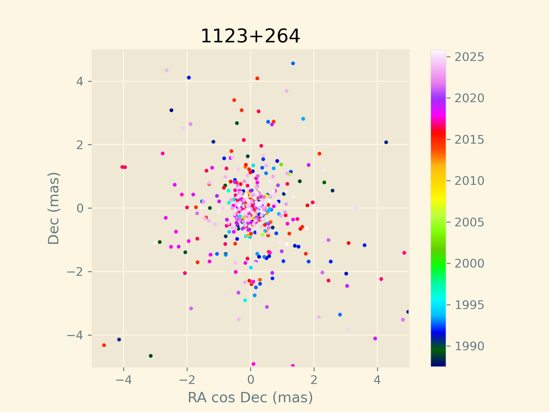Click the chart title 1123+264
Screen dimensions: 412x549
[250, 36]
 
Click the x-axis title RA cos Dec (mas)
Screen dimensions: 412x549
[250, 397]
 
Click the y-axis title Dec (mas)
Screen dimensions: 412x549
[53, 208]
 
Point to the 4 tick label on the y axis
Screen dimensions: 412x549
[80, 82]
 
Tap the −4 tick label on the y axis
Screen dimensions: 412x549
[75, 335]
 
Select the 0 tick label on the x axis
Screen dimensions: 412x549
[250, 380]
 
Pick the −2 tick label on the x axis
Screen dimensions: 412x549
[187, 380]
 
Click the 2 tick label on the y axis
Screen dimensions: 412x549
[80, 145]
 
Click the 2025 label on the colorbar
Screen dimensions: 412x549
[469, 57]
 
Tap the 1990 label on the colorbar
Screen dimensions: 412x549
[469, 346]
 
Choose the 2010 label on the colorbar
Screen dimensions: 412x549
[469, 181]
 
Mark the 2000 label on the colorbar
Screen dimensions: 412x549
[469, 264]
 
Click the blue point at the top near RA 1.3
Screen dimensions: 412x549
[293, 64]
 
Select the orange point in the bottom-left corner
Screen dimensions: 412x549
[104, 345]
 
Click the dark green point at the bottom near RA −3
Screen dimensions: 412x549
[151, 356]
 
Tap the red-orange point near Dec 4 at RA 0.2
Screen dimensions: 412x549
[257, 78]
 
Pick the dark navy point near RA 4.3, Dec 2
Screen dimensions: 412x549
[386, 142]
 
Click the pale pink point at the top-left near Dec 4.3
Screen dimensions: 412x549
[166, 70]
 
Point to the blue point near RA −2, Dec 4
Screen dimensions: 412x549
[189, 78]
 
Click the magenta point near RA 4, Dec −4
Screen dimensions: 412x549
[375, 338]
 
